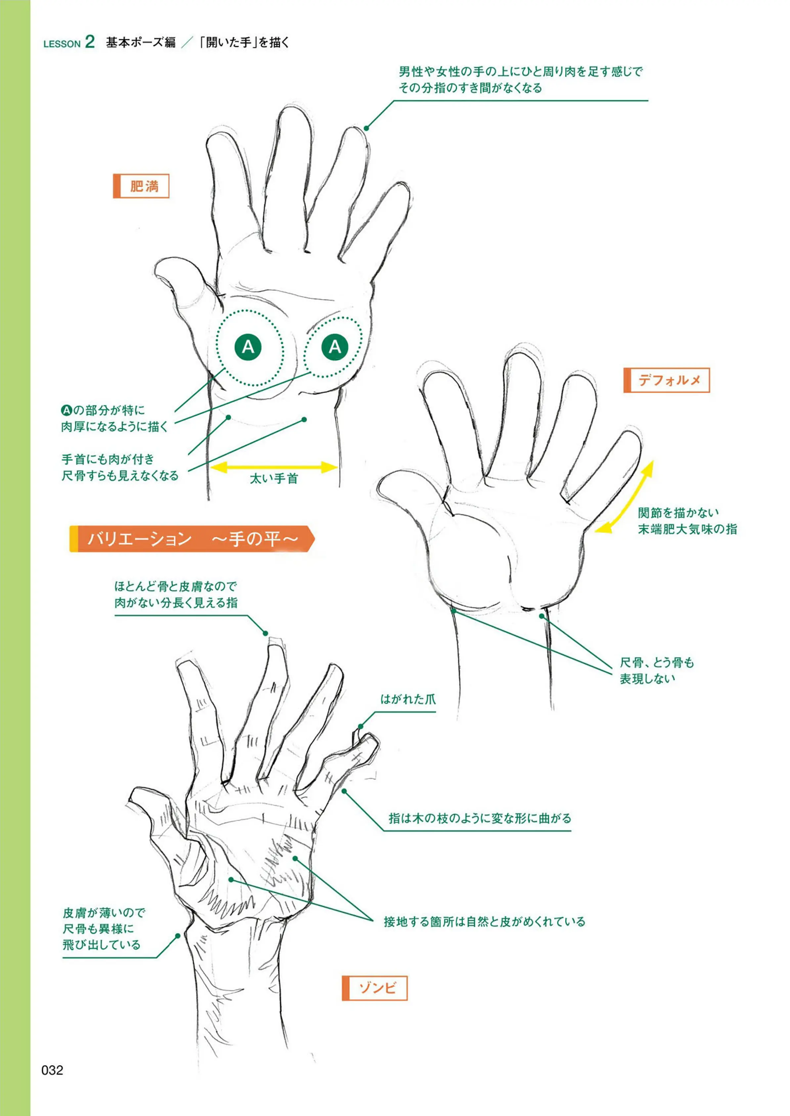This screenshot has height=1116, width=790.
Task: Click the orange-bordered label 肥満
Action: [141, 186]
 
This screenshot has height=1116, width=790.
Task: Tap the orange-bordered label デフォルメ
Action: [667, 380]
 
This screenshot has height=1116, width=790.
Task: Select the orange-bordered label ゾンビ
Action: [374, 988]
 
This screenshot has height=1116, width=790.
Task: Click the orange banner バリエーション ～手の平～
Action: [192, 539]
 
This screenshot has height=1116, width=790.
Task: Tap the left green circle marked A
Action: [248, 347]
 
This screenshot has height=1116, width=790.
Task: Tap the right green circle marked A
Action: [335, 346]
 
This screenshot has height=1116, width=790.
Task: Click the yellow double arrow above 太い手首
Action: [274, 467]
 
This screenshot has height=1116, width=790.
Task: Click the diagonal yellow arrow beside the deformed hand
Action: [624, 496]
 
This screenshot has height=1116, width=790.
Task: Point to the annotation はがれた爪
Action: [408, 699]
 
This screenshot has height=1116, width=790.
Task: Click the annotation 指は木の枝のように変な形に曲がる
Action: [480, 818]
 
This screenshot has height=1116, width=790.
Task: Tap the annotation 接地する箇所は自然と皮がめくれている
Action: [485, 921]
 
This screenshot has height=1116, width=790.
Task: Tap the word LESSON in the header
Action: [62, 44]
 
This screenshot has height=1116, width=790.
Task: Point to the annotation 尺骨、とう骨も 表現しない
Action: [657, 670]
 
